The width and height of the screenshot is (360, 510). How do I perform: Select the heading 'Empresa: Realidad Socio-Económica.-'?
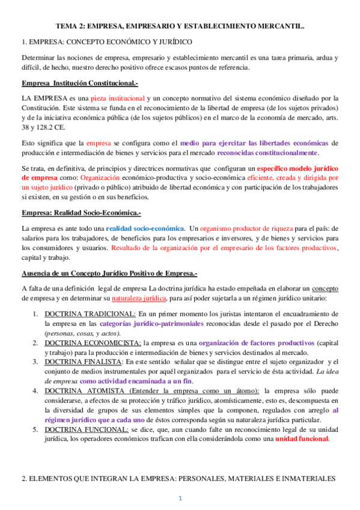click(x=81, y=197)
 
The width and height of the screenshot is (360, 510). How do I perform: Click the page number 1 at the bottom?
click(x=180, y=499)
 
